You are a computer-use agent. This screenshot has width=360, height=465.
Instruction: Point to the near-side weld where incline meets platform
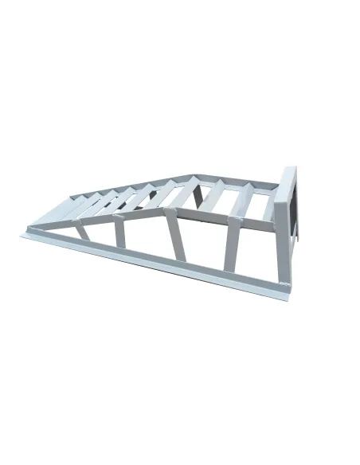coord(165,211)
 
